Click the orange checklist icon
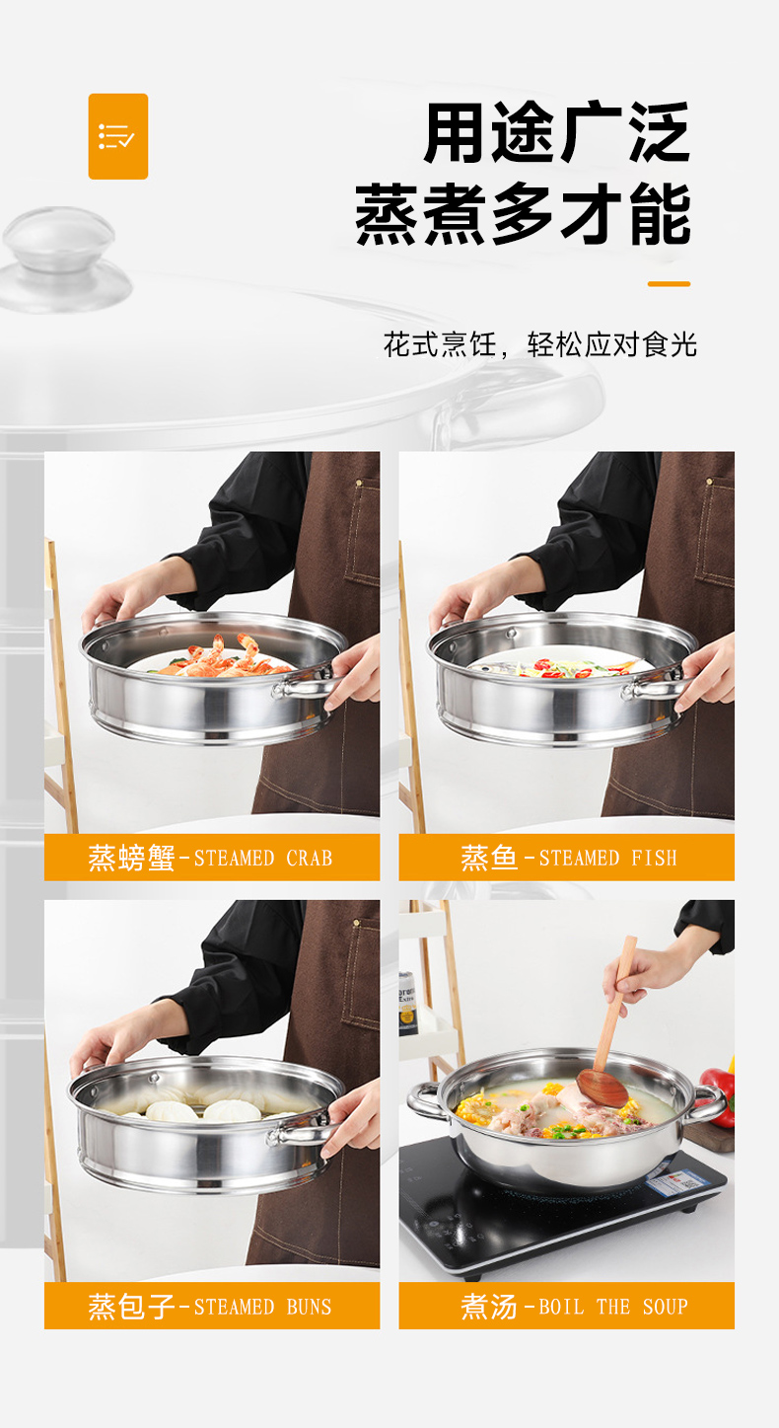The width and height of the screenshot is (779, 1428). click(x=118, y=136)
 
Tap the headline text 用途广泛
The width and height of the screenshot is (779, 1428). click(x=557, y=132)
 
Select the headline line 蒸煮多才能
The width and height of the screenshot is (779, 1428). click(x=523, y=213)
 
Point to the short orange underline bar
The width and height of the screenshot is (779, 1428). click(x=669, y=283)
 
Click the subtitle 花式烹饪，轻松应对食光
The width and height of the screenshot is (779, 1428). click(x=540, y=344)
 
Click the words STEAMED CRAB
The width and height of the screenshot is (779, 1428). click(x=263, y=858)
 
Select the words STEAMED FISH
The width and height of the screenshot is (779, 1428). click(x=607, y=858)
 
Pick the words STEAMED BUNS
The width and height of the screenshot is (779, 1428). click(x=262, y=1307)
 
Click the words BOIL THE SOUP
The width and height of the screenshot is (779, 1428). click(x=613, y=1307)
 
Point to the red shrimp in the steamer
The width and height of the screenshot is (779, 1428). click(x=223, y=656)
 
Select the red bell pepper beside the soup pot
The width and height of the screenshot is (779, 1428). click(x=719, y=1095)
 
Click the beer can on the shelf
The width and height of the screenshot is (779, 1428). click(x=406, y=1002)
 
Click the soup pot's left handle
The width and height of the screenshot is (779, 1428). click(x=424, y=1101)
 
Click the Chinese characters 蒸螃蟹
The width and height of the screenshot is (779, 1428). click(x=131, y=858)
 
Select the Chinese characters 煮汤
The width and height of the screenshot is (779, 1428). click(x=489, y=1307)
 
